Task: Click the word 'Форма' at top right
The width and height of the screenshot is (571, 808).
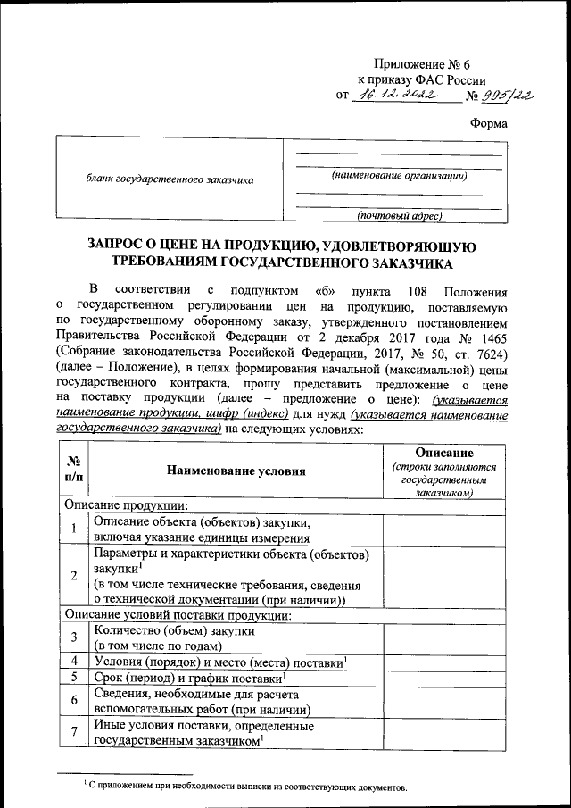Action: pos(488,124)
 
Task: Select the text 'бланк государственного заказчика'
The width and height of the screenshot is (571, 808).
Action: pos(170,179)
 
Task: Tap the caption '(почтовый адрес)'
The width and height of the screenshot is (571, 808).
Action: pos(399,215)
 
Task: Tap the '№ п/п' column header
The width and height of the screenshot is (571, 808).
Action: pos(74,470)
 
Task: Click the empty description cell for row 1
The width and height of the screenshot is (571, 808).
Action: pos(443,529)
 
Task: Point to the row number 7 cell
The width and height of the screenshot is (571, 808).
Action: pos(74,734)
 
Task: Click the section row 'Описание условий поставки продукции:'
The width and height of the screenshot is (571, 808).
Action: pos(178,614)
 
